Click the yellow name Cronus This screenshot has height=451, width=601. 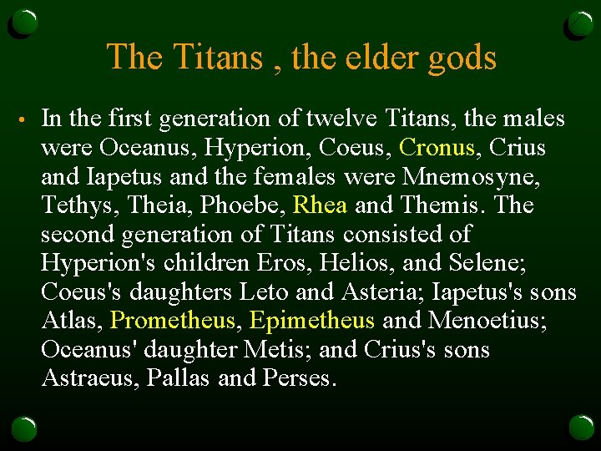437,148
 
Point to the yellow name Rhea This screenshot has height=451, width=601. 321,205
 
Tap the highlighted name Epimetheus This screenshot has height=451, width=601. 311,321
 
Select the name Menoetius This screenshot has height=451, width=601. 487,321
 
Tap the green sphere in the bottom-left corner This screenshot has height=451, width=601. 24,428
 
